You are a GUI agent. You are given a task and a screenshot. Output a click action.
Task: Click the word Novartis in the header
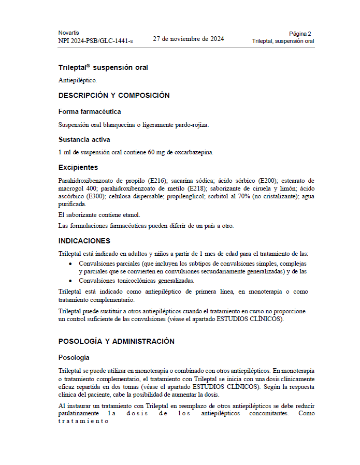point(68,33)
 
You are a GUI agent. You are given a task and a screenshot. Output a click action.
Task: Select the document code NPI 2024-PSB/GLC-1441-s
point(95,41)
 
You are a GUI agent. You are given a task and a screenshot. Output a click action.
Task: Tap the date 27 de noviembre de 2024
point(189,38)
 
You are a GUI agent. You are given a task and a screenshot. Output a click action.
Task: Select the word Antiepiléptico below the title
point(77,81)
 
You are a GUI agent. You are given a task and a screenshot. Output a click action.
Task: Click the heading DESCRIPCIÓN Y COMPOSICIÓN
point(114,95)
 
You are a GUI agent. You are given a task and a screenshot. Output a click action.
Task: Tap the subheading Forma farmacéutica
point(90,111)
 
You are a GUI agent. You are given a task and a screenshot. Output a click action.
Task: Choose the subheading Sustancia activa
point(84,139)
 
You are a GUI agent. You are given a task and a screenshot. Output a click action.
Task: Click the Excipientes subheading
point(78,167)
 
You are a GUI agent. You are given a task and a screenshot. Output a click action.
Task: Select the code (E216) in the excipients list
point(157,180)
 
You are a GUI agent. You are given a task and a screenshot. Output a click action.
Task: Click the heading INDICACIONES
point(84,241)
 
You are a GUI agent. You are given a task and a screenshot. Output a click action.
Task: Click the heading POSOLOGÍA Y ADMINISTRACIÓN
point(117,341)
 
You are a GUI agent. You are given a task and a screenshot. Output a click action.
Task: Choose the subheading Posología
point(74,357)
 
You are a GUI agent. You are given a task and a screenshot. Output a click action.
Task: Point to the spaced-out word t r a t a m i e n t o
point(83,421)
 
